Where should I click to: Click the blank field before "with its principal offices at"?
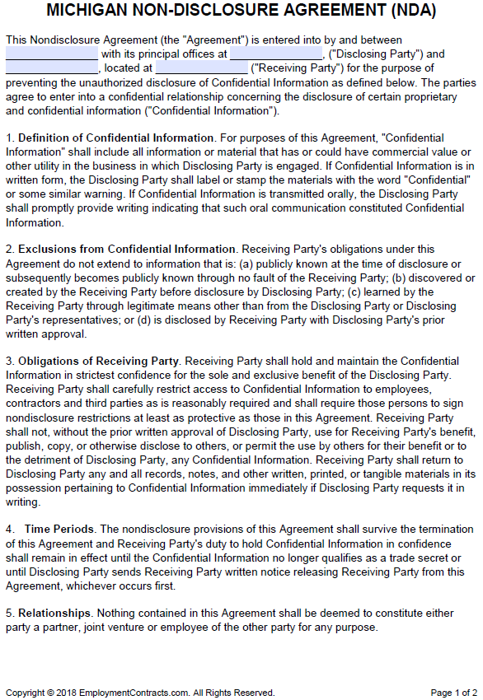click(51, 54)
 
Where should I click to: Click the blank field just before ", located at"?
click(51, 68)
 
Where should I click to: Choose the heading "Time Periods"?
click(59, 529)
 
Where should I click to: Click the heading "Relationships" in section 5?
click(52, 613)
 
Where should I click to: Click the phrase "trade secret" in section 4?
click(418, 557)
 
